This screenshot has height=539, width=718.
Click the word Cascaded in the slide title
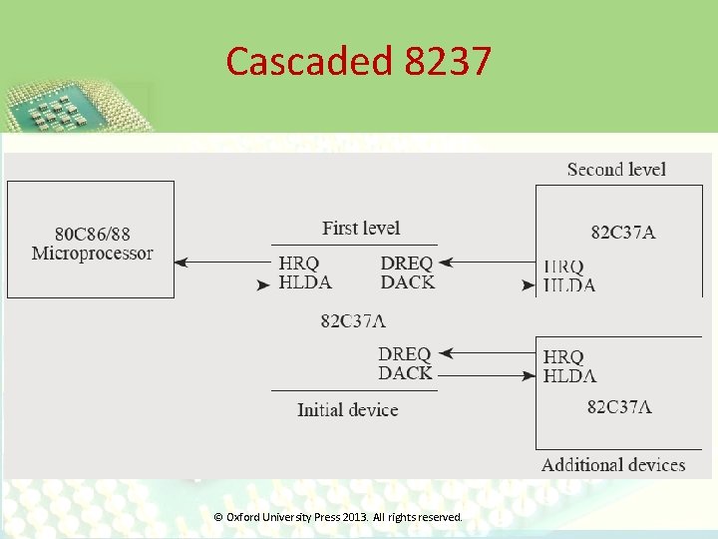310,62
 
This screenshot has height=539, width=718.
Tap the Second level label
616,170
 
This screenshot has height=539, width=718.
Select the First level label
361,229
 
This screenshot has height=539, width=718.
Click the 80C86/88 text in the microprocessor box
92,234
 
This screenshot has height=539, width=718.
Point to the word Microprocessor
92,254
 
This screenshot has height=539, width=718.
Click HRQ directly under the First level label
299,264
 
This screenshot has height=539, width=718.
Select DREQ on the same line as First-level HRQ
407,264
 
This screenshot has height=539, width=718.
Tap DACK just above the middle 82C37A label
407,282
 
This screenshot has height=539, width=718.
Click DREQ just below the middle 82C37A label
405,354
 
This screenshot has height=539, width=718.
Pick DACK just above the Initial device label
405,373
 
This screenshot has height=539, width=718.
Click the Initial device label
347,409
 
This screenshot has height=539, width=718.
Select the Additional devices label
613,464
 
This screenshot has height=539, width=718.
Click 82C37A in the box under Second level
623,233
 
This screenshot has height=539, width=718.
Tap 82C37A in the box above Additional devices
619,406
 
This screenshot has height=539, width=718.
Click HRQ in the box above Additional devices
563,356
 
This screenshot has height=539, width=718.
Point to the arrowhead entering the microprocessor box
180,263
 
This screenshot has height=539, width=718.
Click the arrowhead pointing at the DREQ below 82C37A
445,352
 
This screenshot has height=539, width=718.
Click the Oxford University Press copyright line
339,517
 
